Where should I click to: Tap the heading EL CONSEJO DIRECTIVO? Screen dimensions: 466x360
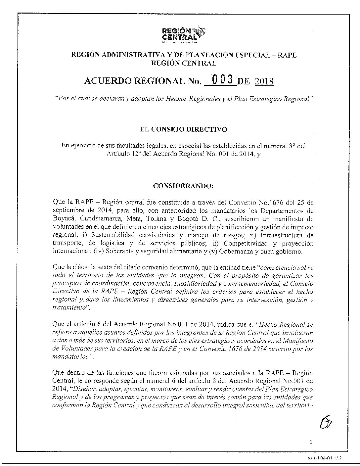click(x=184, y=129)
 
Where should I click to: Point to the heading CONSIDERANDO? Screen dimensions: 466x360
click(x=183, y=186)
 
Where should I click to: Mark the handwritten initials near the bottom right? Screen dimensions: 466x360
click(x=326, y=422)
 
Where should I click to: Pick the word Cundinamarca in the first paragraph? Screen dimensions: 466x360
click(x=96, y=219)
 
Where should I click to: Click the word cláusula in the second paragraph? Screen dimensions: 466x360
click(x=82, y=267)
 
